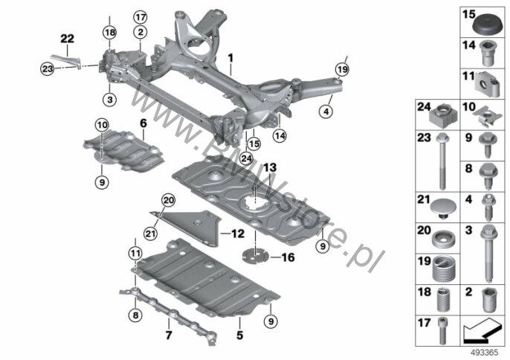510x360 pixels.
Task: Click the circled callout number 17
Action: [x=141, y=17]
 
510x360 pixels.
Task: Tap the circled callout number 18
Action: [x=109, y=32]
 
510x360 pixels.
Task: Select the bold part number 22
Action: [x=68, y=39]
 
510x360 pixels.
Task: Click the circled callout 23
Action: [x=47, y=69]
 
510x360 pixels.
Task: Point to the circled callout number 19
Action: [x=342, y=69]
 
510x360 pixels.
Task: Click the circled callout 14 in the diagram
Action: [x=280, y=135]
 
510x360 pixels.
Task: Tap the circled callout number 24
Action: [x=246, y=158]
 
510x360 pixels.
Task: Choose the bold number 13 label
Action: [x=270, y=167]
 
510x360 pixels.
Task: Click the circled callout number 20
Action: [x=169, y=201]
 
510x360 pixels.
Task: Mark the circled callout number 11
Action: [x=135, y=253]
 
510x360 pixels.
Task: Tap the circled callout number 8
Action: [x=135, y=315]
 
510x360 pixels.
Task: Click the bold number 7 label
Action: [x=169, y=335]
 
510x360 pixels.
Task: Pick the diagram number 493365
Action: [x=485, y=353]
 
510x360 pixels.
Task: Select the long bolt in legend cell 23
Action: [x=442, y=161]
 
